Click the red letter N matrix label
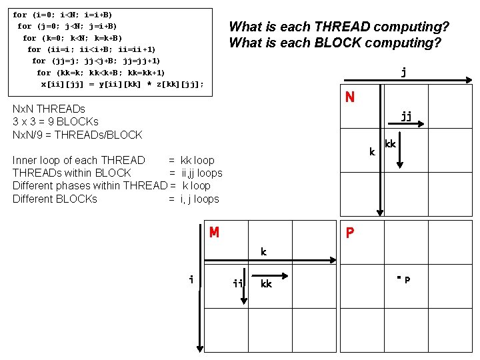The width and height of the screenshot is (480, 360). [349, 97]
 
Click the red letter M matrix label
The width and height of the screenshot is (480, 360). [214, 233]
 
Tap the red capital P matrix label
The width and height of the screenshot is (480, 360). [349, 233]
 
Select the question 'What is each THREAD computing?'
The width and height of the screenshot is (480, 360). [339, 27]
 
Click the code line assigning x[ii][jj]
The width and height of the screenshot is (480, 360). [122, 84]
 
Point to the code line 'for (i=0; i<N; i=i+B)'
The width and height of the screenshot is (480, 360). [63, 15]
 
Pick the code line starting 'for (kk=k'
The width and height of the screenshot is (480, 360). [101, 72]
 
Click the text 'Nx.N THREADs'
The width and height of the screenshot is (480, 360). [49, 109]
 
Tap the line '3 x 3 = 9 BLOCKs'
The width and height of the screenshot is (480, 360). [55, 121]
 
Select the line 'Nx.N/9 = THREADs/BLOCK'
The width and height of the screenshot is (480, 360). [77, 135]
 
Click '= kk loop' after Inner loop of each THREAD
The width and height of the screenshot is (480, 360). [191, 160]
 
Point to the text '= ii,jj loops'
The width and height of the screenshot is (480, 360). [196, 173]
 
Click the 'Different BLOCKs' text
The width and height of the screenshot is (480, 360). [55, 199]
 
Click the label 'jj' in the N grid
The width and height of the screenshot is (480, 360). [406, 115]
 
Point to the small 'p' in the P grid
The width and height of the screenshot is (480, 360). [407, 279]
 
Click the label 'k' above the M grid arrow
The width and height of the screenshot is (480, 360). [263, 252]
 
